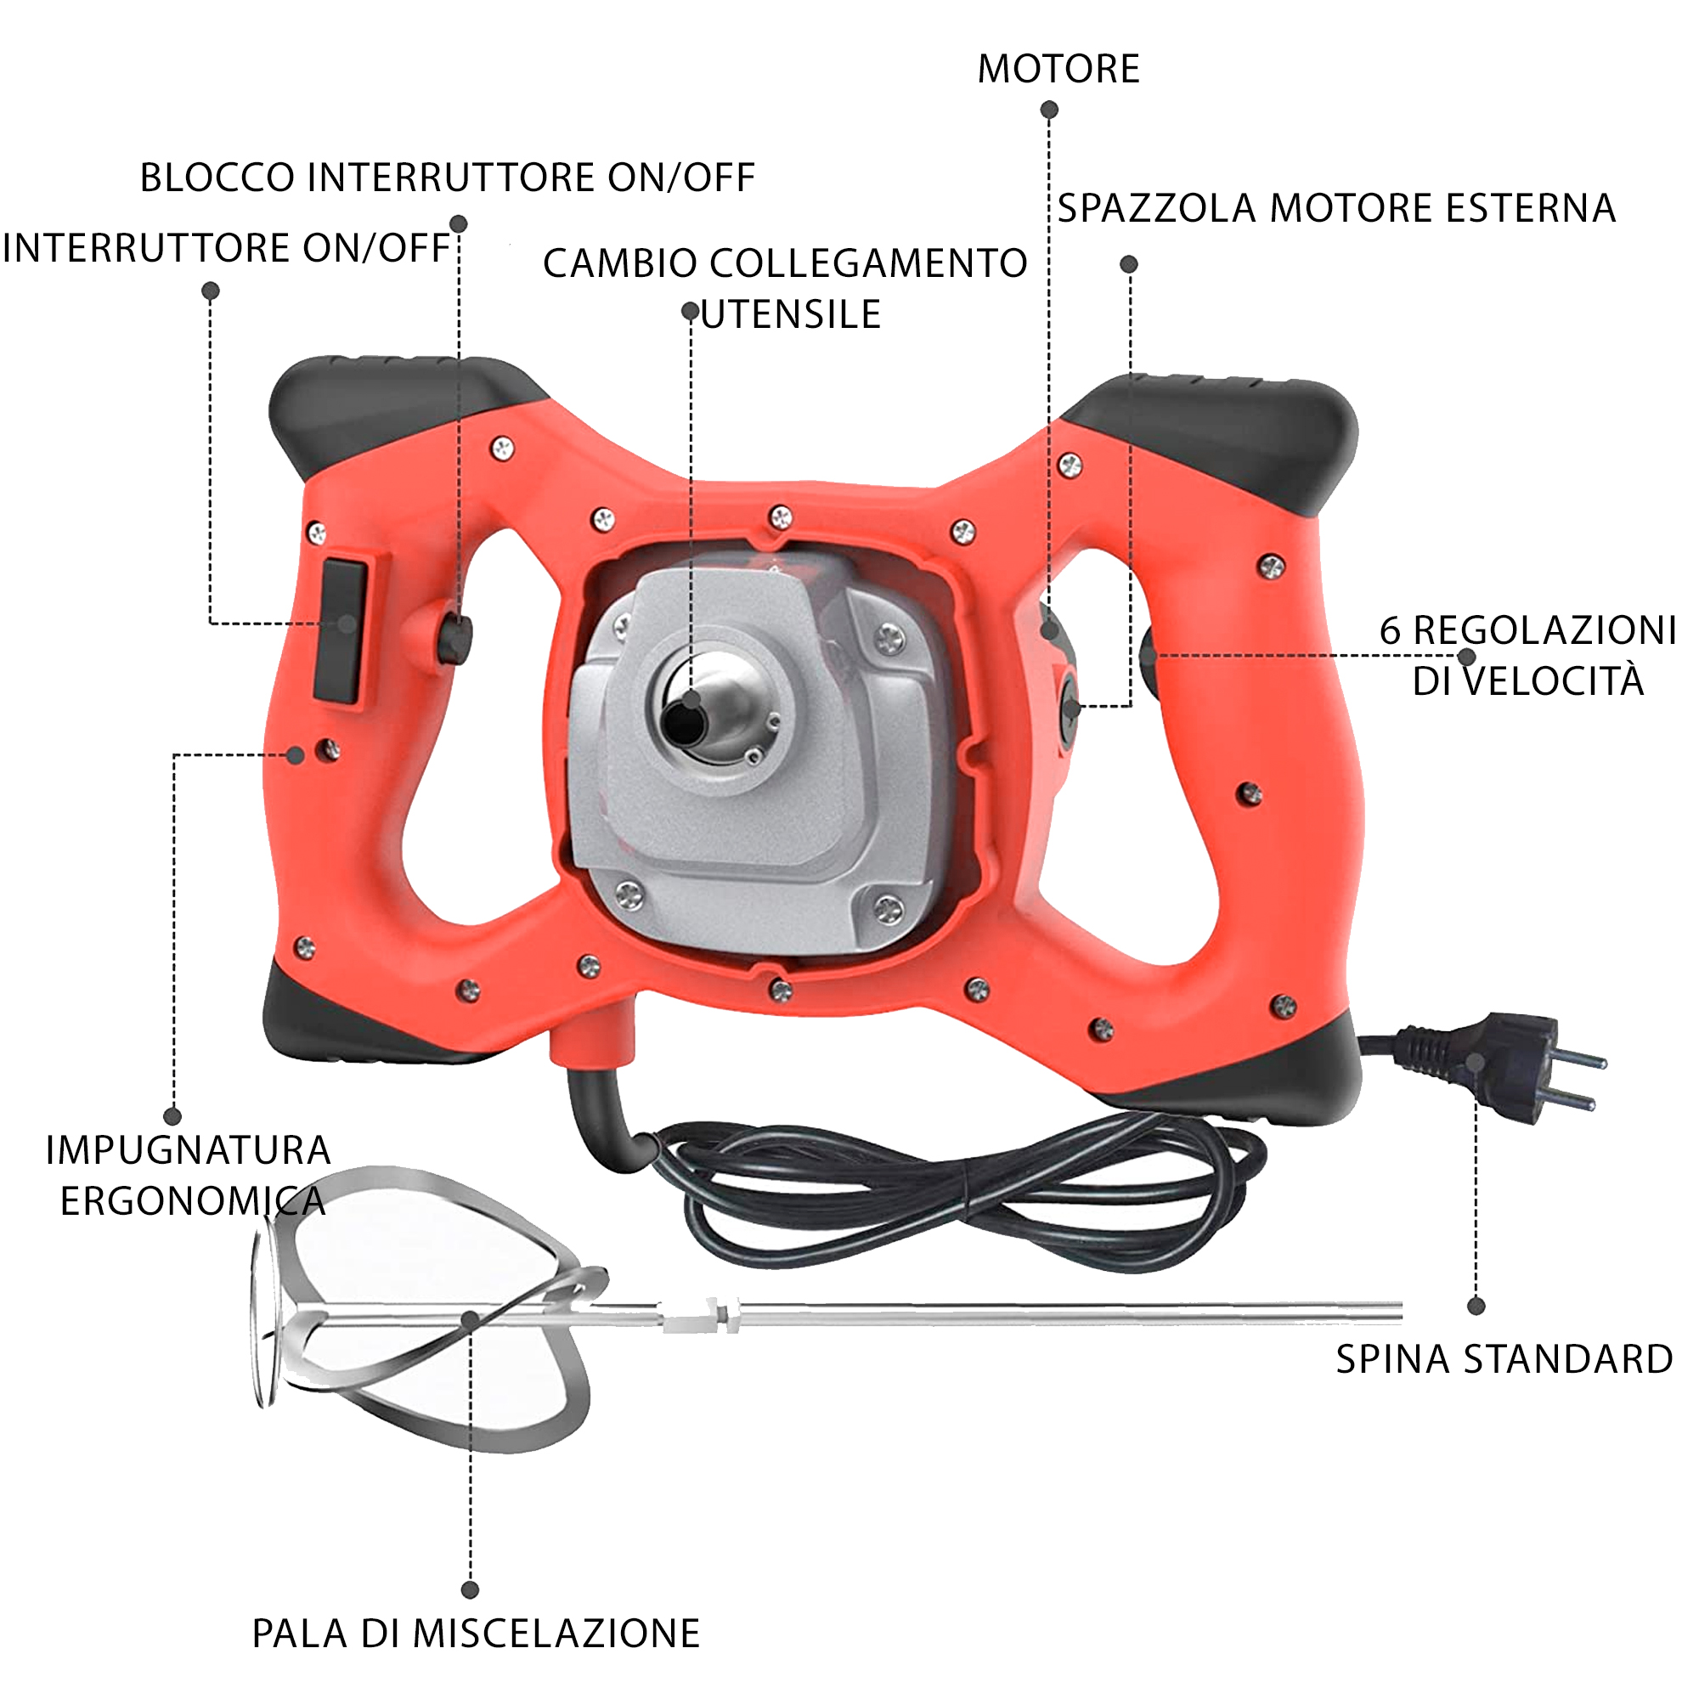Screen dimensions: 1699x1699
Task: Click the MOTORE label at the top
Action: click(1058, 69)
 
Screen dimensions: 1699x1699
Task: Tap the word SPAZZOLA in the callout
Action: click(1156, 208)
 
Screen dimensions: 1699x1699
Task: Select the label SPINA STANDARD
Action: click(1504, 1359)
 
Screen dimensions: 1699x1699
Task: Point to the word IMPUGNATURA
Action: click(189, 1150)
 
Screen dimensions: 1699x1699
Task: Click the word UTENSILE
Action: click(791, 315)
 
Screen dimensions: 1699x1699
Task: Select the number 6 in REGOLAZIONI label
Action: click(1390, 630)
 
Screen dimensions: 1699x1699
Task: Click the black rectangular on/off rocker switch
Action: click(341, 630)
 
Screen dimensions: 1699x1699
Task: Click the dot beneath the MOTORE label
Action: click(1049, 110)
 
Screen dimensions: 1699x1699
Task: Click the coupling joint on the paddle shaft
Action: click(703, 1316)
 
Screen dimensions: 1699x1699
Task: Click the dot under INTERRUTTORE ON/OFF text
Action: click(210, 291)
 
